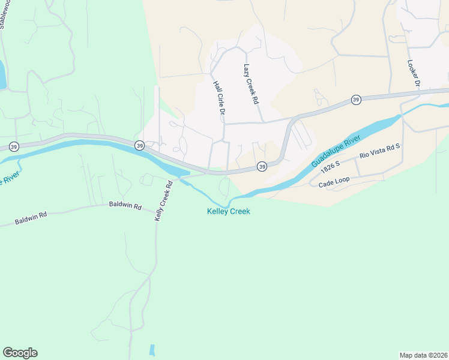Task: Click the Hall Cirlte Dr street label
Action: [x=219, y=98]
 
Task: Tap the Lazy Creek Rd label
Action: [x=251, y=85]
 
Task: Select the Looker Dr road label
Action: [x=413, y=73]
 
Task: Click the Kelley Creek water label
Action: [x=228, y=211]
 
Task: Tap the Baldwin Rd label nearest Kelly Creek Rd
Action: [x=125, y=205]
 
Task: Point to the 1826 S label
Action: [x=330, y=164]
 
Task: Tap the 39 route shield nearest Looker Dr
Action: [x=356, y=100]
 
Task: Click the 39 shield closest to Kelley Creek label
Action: [x=262, y=166]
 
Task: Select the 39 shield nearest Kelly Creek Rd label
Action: [x=139, y=145]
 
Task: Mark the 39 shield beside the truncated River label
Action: [x=14, y=146]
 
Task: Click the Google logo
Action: [x=20, y=353]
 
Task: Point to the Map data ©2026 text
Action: [x=423, y=355]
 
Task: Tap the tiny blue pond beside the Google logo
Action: [x=151, y=350]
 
